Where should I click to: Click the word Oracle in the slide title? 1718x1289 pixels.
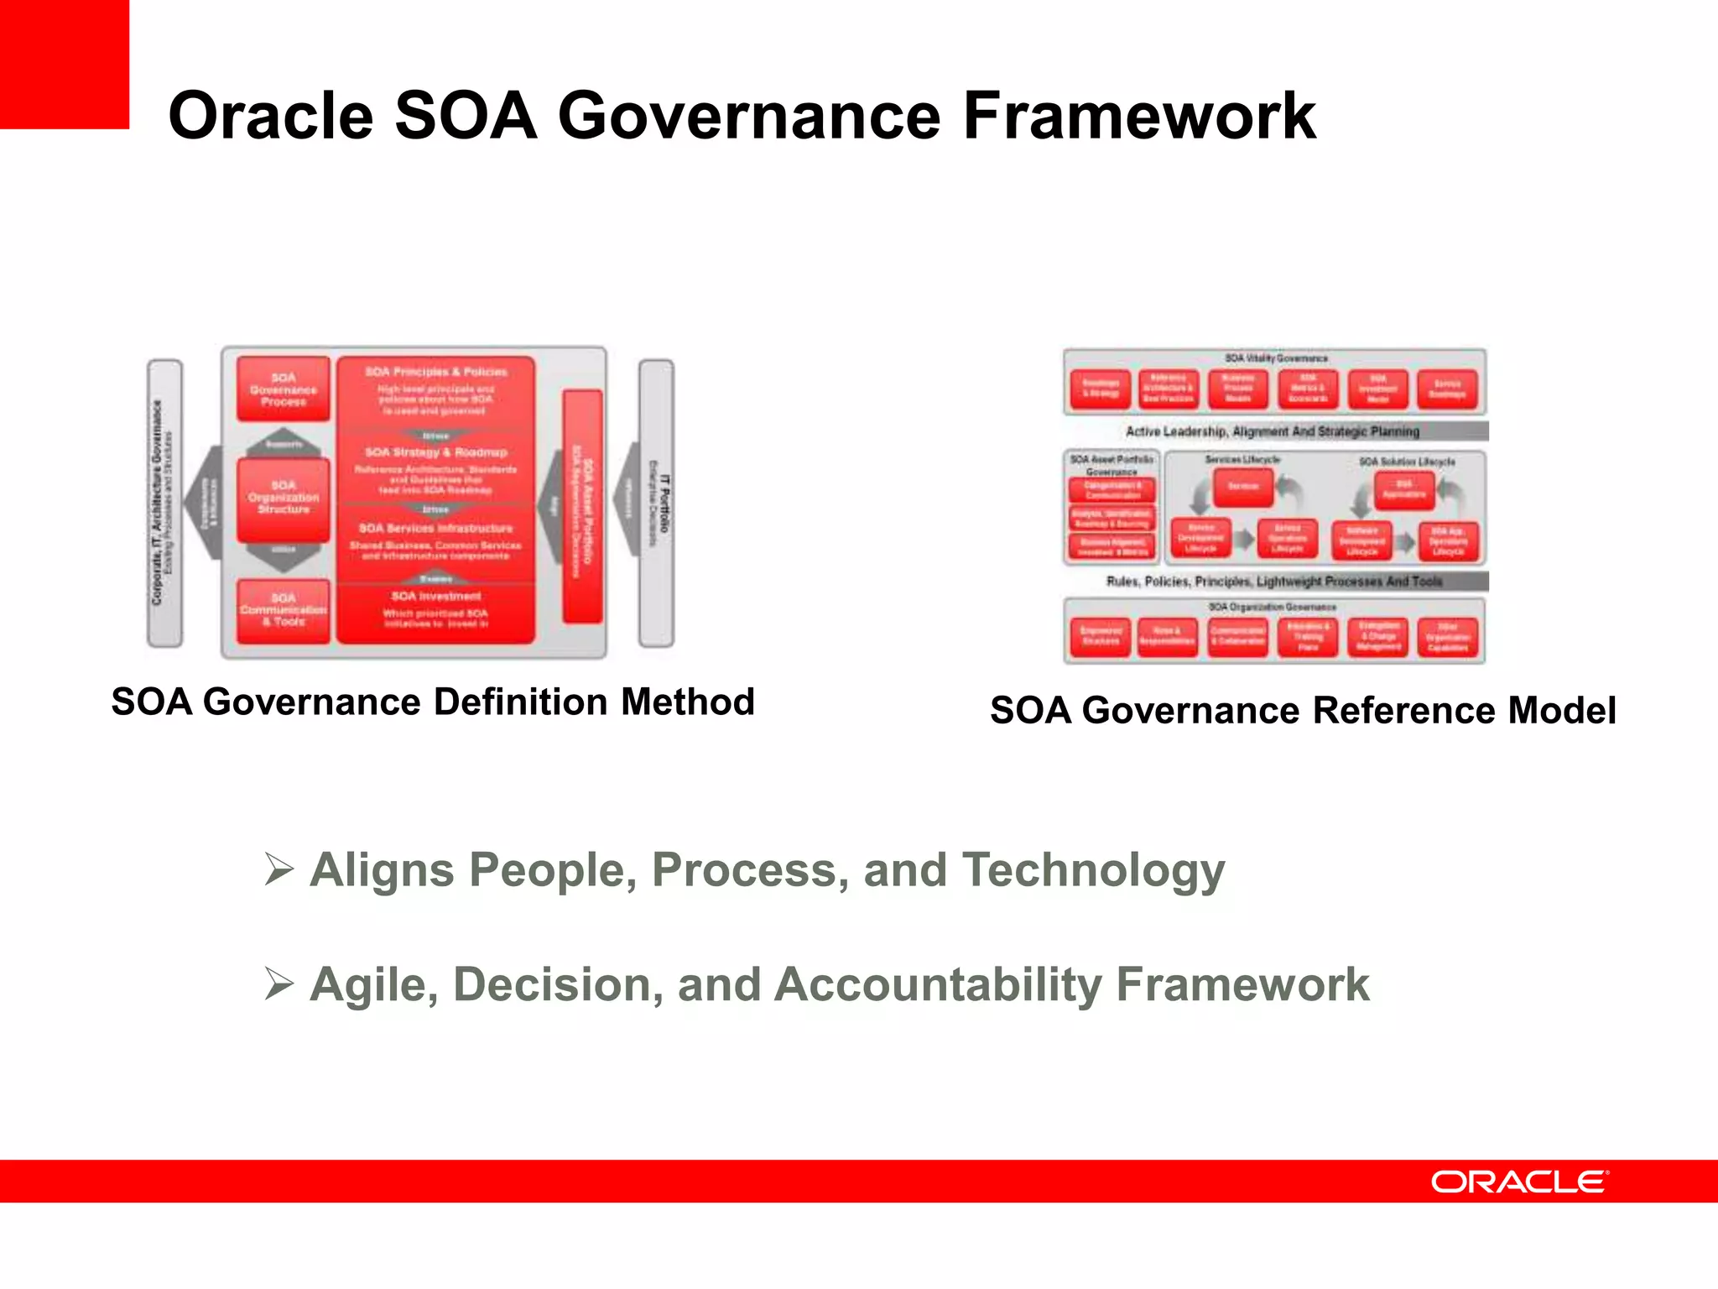270,117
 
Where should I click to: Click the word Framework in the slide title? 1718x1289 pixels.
1138,117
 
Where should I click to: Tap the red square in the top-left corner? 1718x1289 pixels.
64,64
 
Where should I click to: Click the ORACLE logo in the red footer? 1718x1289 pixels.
1519,1182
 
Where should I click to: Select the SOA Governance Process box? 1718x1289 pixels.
284,389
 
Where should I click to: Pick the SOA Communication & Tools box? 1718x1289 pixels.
284,610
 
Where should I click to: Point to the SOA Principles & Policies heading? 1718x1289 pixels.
435,372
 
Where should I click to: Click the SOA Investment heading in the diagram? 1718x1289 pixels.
435,596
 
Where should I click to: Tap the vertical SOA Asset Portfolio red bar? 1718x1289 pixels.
582,506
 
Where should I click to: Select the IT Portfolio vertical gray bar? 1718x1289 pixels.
657,504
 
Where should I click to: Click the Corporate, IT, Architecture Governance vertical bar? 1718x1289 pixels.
164,504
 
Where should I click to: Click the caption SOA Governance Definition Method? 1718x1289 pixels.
433,702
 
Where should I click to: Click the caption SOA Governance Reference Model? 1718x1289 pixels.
1302,710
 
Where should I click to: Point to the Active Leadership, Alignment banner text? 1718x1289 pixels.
1272,431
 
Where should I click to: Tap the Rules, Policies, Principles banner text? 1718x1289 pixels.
1273,581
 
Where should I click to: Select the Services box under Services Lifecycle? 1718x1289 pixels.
1243,487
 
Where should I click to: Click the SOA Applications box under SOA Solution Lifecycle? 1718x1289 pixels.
1403,489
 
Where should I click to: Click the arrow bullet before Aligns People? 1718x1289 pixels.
279,869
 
